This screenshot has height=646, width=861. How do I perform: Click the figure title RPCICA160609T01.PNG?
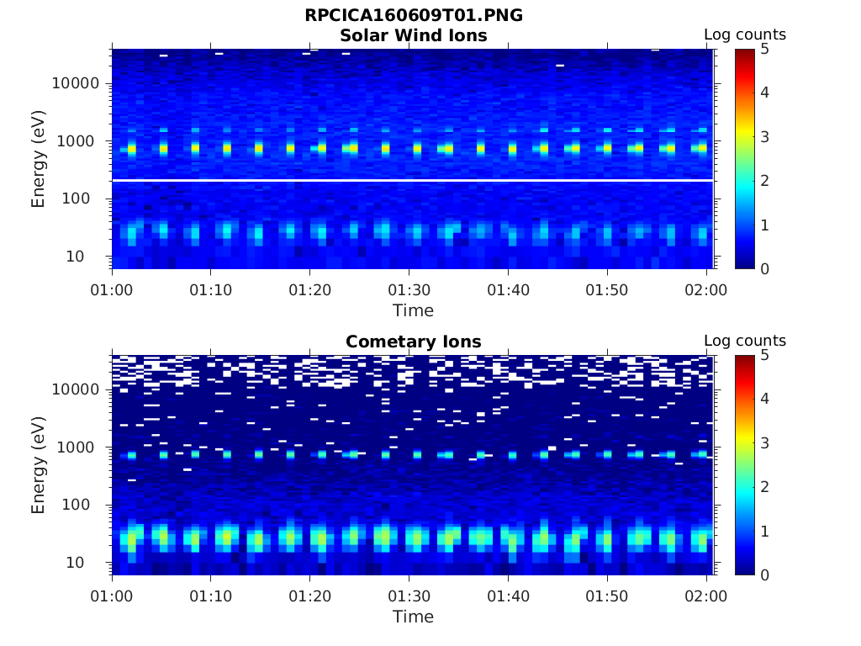[413, 16]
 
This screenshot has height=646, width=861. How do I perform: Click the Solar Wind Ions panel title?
[413, 35]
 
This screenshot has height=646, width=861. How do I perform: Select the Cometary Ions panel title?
[413, 342]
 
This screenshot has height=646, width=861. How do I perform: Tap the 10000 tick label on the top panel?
[76, 83]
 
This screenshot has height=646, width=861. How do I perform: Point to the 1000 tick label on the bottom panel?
[80, 447]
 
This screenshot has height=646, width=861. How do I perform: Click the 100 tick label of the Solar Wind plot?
[83, 199]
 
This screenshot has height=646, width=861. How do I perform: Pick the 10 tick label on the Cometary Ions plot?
[87, 563]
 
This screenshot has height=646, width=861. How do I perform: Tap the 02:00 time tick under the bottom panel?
[705, 596]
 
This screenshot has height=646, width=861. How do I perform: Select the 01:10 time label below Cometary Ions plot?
[211, 596]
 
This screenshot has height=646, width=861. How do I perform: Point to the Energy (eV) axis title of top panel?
[39, 159]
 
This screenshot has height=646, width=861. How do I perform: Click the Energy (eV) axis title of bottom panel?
[39, 465]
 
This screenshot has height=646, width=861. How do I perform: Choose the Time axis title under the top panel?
[413, 310]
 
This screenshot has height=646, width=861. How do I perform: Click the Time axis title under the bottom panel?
[413, 617]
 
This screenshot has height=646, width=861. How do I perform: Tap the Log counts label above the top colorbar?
[744, 35]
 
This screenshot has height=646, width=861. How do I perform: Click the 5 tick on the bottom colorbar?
[764, 356]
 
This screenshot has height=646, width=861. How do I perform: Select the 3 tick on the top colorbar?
[764, 137]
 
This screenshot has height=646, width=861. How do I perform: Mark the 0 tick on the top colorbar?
[764, 268]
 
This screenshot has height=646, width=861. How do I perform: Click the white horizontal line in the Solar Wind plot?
[412, 180]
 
